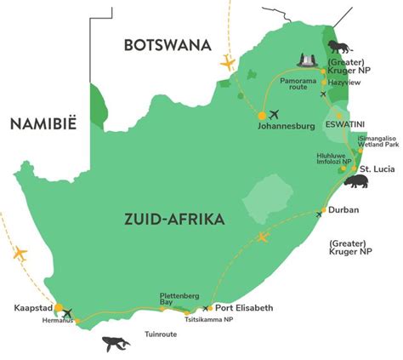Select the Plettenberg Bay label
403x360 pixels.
179,300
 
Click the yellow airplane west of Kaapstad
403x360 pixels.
19,254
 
